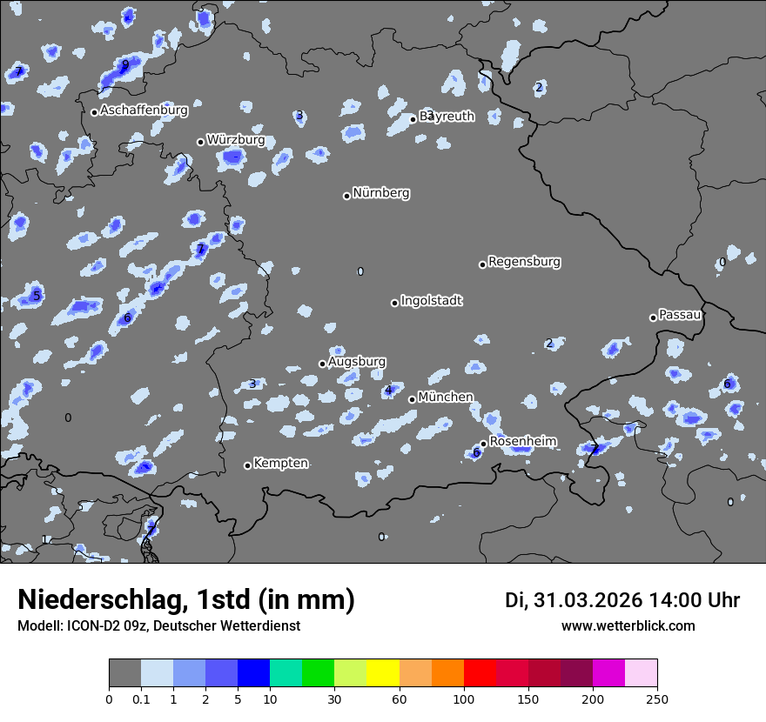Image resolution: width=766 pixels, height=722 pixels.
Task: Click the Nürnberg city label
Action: click(x=381, y=193)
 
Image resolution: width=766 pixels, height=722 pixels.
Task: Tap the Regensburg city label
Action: click(x=524, y=262)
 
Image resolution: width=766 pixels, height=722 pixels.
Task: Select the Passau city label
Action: click(x=680, y=315)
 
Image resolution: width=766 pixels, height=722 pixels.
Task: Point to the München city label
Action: click(x=446, y=398)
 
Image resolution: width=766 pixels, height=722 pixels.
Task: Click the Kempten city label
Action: click(x=280, y=464)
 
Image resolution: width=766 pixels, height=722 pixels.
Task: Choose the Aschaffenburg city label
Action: click(x=144, y=110)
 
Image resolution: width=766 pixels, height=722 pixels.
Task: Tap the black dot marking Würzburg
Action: click(x=200, y=142)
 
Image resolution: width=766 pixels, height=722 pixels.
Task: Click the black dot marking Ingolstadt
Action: click(x=394, y=303)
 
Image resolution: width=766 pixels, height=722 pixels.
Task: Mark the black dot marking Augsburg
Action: click(x=322, y=364)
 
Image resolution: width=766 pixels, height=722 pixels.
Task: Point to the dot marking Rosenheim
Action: click(x=483, y=444)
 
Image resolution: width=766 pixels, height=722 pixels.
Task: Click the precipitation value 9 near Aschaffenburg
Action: click(x=125, y=64)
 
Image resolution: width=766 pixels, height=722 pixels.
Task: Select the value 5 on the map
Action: click(x=36, y=296)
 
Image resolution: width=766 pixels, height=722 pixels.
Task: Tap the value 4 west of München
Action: click(x=388, y=391)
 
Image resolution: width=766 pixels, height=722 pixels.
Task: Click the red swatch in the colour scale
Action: click(x=480, y=673)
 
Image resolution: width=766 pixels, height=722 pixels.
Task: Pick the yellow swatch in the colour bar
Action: click(x=383, y=673)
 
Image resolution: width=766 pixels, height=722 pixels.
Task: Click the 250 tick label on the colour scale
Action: click(x=657, y=699)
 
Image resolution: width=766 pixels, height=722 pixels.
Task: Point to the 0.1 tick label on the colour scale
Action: click(x=140, y=699)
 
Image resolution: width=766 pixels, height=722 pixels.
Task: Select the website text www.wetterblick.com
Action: click(x=628, y=626)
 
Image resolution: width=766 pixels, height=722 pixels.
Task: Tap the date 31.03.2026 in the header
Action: click(x=588, y=600)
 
